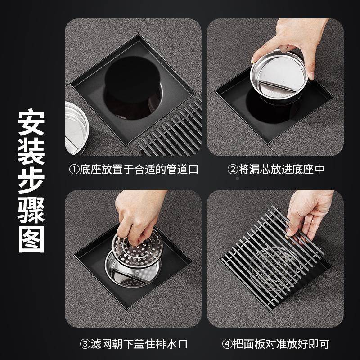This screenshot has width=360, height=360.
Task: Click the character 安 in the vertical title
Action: [31, 123]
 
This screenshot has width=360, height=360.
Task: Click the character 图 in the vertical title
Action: [31, 242]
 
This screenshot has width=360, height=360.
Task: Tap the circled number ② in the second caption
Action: [232, 170]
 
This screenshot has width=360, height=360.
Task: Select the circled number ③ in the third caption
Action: [85, 344]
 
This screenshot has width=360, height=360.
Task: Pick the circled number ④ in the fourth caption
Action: [227, 344]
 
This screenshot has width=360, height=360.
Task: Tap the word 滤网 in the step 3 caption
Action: [101, 344]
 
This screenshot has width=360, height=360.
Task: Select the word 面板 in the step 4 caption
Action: [254, 344]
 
